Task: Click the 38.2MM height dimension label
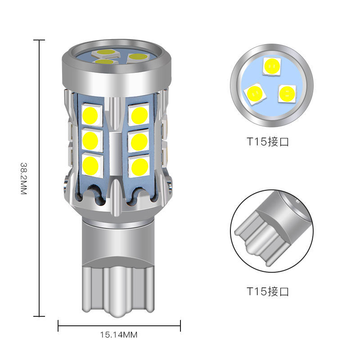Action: (24, 179)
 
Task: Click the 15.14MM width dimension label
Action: (119, 335)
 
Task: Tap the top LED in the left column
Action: (92, 115)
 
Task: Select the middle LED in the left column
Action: (92, 140)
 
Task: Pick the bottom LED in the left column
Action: (92, 165)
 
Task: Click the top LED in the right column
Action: (139, 115)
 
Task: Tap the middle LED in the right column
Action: (139, 141)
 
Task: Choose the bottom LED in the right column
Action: (139, 166)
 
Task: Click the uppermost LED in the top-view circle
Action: (272, 66)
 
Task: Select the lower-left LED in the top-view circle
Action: (255, 94)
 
